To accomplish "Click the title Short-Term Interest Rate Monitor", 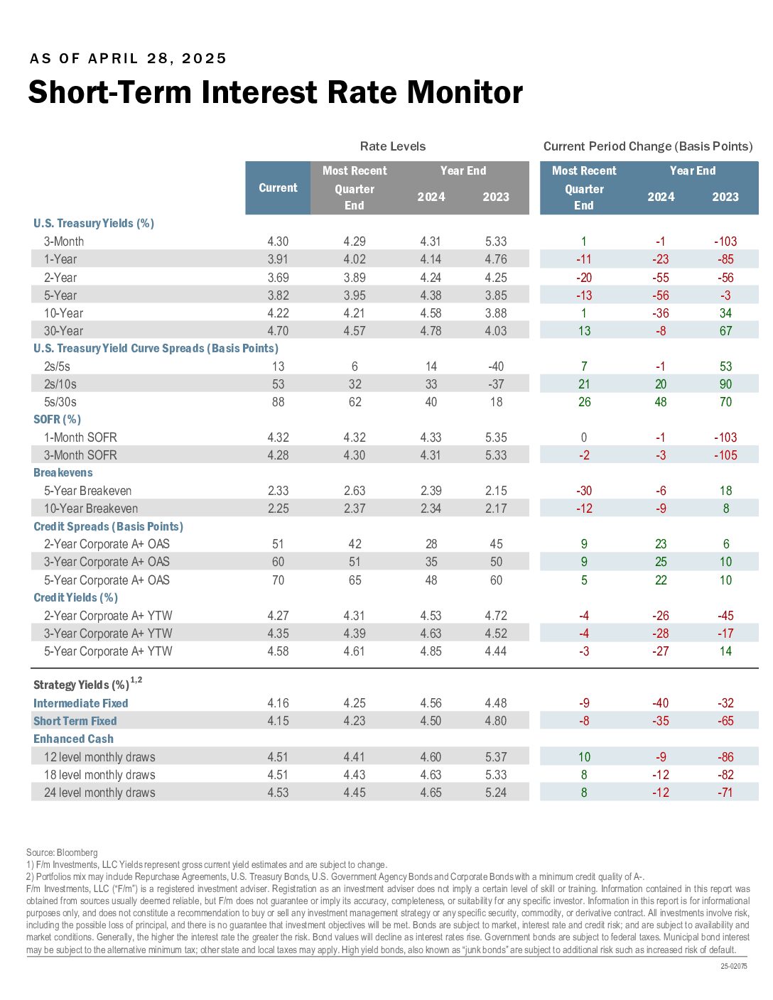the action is [x=276, y=92].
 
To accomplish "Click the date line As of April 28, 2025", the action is [x=128, y=58].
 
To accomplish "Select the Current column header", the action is [x=278, y=187].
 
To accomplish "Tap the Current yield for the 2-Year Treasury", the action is [x=278, y=278].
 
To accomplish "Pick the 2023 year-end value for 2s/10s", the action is [x=496, y=384].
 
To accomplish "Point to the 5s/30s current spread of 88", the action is [x=278, y=402].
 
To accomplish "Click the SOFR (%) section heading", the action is [x=57, y=420].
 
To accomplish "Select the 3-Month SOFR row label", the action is [x=80, y=455].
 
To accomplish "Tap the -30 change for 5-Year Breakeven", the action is [x=584, y=491].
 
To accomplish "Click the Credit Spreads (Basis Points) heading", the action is [x=108, y=526].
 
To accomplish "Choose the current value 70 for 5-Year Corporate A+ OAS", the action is [x=278, y=580].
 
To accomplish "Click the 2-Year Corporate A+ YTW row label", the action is [x=108, y=616].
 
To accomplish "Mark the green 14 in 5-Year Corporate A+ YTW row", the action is [x=725, y=651].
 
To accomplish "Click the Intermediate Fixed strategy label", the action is [x=80, y=703].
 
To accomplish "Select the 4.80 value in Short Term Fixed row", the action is [x=496, y=721].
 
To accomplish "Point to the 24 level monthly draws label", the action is [x=99, y=793].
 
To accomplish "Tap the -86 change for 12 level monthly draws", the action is [x=725, y=757].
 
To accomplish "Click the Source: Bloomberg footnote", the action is [x=62, y=853].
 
